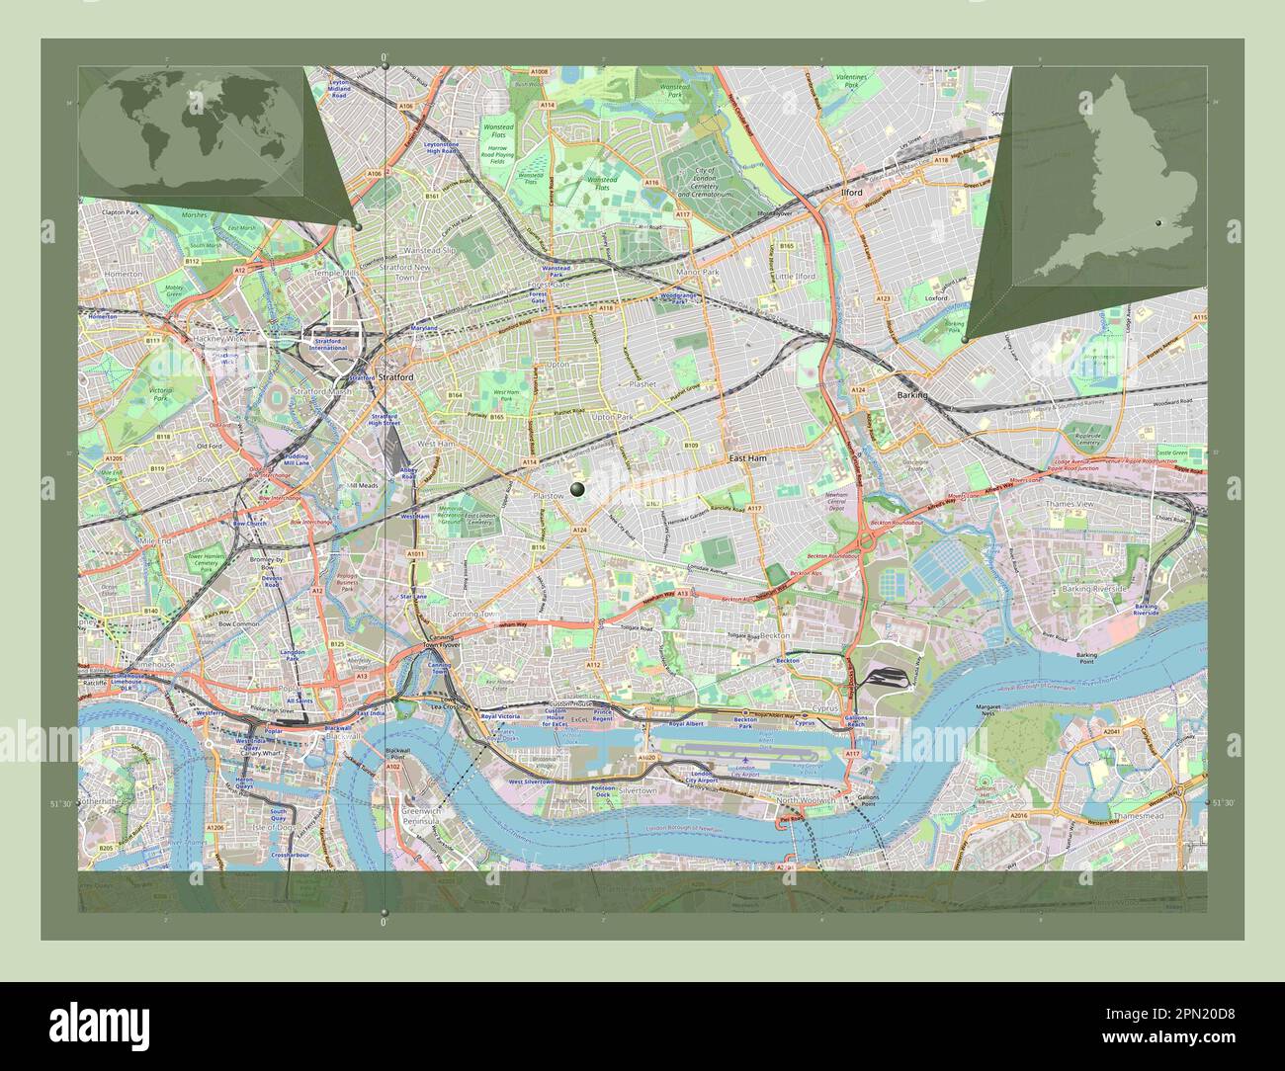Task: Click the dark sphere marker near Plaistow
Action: coord(577,489)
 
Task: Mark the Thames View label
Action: coord(1070,504)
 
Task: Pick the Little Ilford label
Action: coord(795,277)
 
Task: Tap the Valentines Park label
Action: coord(849,81)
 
